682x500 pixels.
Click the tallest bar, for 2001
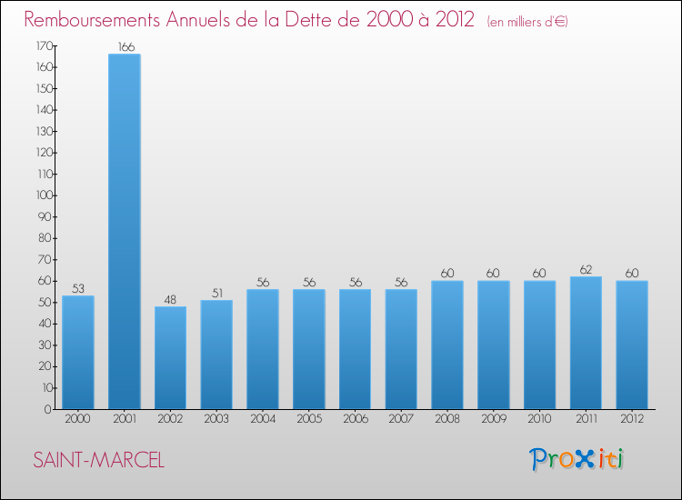click(x=124, y=232)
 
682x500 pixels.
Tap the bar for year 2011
click(x=586, y=343)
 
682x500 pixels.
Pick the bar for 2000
click(x=77, y=352)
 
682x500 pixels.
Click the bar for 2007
click(x=401, y=349)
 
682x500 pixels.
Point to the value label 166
click(x=124, y=46)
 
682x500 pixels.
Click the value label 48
click(x=170, y=299)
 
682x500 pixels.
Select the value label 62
click(x=586, y=269)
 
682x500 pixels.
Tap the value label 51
click(x=216, y=293)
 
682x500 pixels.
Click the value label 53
click(x=77, y=288)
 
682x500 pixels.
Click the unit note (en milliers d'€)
click(x=527, y=21)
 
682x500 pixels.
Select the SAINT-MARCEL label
click(x=98, y=461)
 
